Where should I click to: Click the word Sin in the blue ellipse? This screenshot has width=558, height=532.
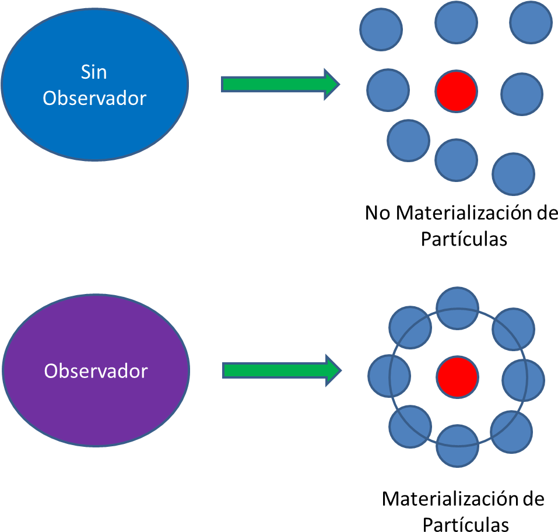[x=94, y=72]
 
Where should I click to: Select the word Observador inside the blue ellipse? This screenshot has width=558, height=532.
[x=94, y=98]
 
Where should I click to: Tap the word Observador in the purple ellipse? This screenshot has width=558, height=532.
[x=96, y=371]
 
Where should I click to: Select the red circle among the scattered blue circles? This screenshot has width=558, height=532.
[x=456, y=92]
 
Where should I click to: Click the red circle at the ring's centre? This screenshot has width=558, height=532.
[x=457, y=377]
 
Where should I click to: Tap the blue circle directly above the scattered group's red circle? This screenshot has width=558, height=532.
[x=456, y=22]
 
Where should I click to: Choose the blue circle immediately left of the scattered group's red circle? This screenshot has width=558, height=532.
[x=388, y=90]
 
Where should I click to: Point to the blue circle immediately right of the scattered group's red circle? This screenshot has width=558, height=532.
[x=522, y=94]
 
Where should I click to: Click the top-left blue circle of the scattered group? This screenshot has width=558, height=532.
[x=381, y=29]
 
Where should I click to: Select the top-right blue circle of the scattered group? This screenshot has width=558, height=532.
[x=531, y=23]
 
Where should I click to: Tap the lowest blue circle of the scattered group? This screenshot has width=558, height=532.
[x=513, y=174]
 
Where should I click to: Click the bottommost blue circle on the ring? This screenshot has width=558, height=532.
[x=457, y=446]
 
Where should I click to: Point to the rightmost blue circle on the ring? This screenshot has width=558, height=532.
[x=523, y=380]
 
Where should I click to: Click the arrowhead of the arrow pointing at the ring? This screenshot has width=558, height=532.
[x=332, y=370]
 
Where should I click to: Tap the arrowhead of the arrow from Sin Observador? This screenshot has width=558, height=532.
[x=331, y=85]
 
